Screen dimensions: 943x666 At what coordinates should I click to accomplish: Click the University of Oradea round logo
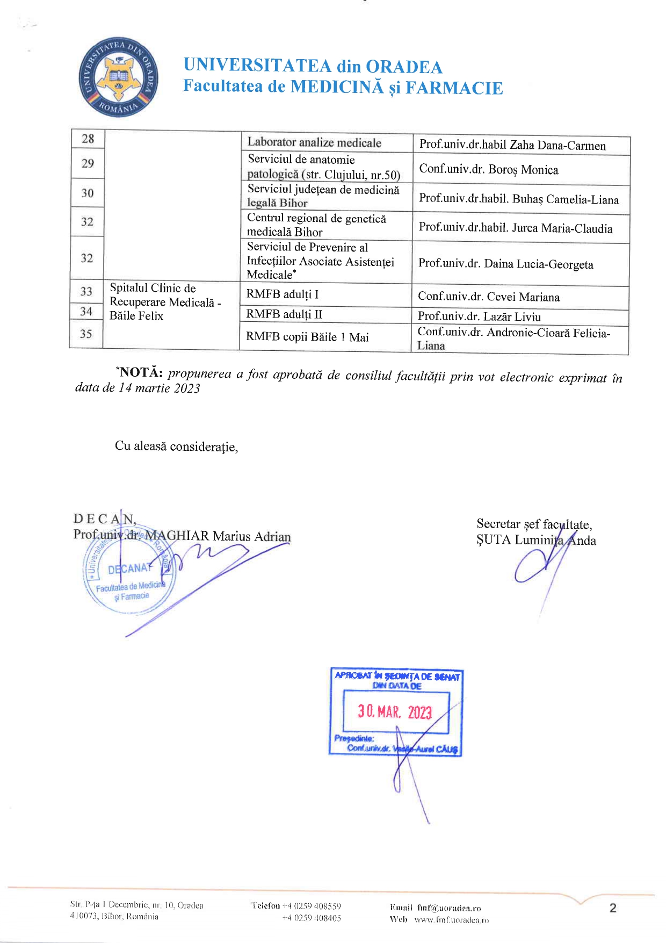pyautogui.click(x=119, y=78)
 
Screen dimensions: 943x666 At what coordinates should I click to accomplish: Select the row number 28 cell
pyautogui.click(x=88, y=139)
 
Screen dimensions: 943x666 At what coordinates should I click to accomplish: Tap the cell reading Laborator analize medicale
pyautogui.click(x=314, y=143)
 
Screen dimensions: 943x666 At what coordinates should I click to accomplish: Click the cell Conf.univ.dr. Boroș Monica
pyautogui.click(x=488, y=170)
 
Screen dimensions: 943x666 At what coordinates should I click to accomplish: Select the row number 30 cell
pyautogui.click(x=88, y=193)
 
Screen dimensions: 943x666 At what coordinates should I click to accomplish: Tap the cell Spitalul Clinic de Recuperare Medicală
pyautogui.click(x=164, y=302)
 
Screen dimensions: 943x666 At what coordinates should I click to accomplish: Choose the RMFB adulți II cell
pyautogui.click(x=284, y=314)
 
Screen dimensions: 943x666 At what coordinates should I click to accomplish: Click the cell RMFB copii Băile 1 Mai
pyautogui.click(x=307, y=337)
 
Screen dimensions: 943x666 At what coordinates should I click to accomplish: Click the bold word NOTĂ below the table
pyautogui.click(x=141, y=372)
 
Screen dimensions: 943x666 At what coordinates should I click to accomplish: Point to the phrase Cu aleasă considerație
pyautogui.click(x=176, y=447)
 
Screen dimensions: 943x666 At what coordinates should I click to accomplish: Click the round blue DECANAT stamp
pyautogui.click(x=129, y=578)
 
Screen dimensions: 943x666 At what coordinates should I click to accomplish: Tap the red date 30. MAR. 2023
pyautogui.click(x=395, y=712)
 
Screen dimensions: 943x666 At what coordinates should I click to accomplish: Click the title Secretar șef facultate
pyautogui.click(x=534, y=524)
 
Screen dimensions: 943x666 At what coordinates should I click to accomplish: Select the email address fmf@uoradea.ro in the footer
pyautogui.click(x=449, y=908)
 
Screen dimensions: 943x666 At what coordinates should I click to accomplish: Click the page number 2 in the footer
pyautogui.click(x=613, y=908)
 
